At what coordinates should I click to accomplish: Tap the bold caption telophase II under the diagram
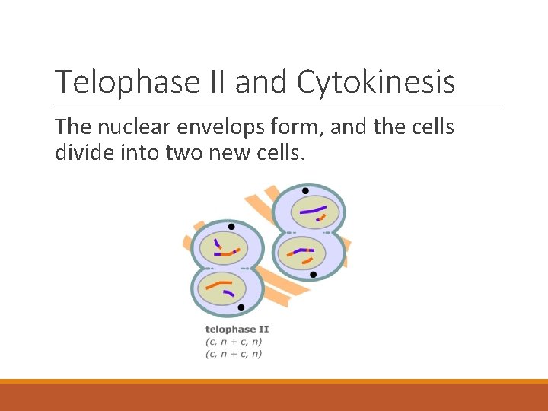point(237,330)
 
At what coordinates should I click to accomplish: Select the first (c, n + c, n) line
point(234,342)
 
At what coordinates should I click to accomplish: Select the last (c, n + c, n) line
point(234,354)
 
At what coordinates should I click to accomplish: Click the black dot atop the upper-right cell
point(305,190)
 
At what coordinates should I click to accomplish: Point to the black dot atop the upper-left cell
point(231,227)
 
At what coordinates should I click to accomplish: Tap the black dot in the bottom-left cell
point(241,307)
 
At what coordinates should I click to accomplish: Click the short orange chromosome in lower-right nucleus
point(307,261)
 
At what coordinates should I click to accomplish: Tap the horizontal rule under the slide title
point(279,104)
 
